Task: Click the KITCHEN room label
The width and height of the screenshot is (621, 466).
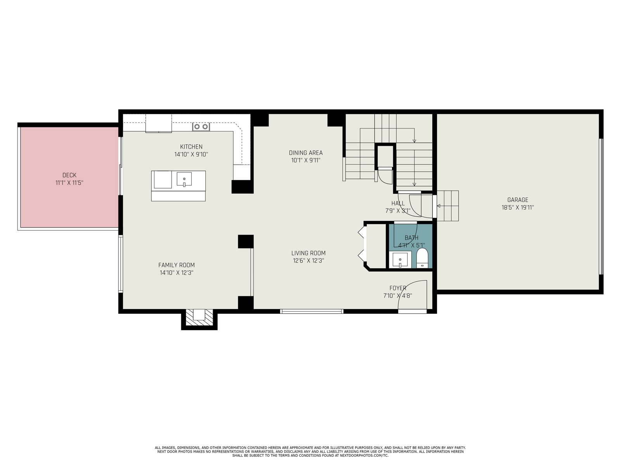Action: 191,146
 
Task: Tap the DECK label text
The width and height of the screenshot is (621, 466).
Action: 69,175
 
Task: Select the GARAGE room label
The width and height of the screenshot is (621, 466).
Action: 518,200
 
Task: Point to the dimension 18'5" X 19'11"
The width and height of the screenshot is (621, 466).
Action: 518,207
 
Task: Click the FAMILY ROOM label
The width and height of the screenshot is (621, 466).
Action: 177,265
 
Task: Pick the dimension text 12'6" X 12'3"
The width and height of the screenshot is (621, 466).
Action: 309,261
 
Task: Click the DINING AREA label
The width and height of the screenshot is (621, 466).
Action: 305,153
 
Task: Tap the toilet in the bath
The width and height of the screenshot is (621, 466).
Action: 422,258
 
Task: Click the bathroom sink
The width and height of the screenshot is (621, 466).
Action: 400,260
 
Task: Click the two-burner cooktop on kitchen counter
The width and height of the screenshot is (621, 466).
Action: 201,127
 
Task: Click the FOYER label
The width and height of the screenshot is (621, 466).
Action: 398,288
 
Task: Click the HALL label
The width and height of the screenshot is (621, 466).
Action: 398,203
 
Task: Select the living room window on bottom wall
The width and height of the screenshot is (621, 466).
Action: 312,311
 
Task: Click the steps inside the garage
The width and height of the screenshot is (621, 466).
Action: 448,206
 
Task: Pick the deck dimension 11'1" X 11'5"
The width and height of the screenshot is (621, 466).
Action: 69,183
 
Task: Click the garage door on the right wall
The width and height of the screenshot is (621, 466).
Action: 601,207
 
